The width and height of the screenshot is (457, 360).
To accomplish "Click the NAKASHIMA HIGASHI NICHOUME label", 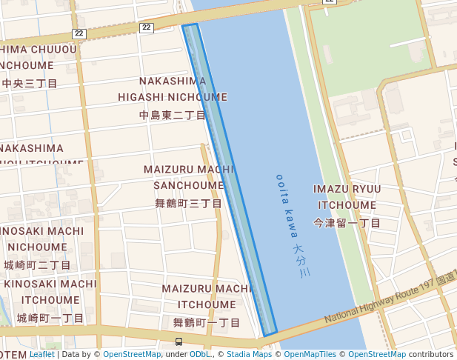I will (x=173, y=88).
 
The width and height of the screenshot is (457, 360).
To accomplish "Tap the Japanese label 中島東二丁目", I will (x=173, y=116).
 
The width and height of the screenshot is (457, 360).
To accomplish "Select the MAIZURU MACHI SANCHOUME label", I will (x=189, y=177).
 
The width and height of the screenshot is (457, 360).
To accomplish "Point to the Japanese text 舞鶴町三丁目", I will (x=189, y=204).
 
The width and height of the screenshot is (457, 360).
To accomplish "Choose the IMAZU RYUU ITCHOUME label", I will (x=347, y=196).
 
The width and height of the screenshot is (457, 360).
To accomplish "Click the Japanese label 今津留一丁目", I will (x=347, y=223).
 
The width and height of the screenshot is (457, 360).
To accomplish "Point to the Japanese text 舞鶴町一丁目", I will (x=207, y=323).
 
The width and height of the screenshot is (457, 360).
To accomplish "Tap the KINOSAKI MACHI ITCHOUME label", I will (x=50, y=292).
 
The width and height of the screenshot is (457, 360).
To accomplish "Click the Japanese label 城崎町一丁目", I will (x=50, y=319).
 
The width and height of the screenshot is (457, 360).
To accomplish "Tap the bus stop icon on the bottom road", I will (x=179, y=341).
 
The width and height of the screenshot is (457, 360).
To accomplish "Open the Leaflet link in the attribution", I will (x=42, y=355).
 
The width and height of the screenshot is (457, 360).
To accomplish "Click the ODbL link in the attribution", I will (x=200, y=355).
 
